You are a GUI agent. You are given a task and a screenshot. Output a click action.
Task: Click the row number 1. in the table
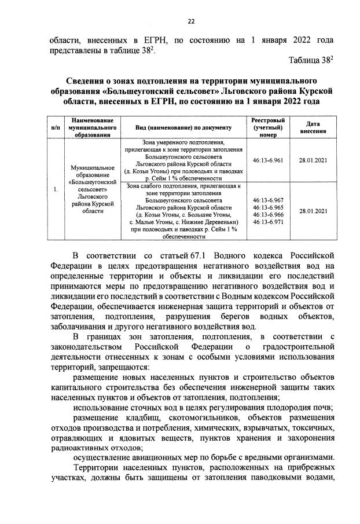pyautogui.click(x=55, y=189)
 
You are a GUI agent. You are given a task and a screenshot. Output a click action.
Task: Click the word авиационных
pyautogui.click(x=148, y=456)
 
